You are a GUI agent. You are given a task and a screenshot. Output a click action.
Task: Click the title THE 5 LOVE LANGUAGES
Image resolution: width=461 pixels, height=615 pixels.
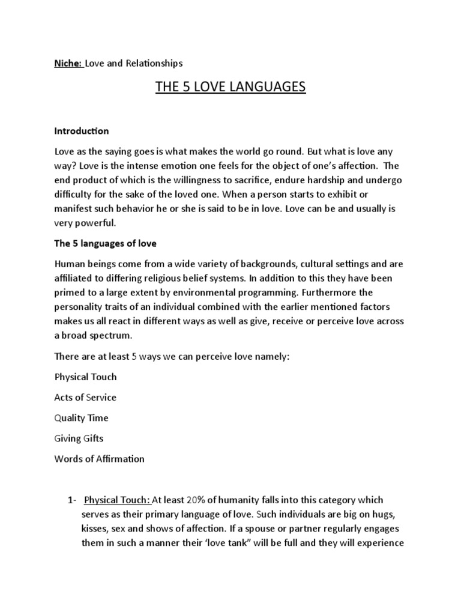tap(230, 88)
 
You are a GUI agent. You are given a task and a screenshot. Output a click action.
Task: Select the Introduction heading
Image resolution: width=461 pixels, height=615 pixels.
tap(82, 130)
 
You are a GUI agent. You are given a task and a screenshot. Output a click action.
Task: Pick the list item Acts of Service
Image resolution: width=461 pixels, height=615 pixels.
tap(85, 397)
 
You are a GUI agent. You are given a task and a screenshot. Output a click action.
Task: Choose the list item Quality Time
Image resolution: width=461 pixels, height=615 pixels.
tap(82, 417)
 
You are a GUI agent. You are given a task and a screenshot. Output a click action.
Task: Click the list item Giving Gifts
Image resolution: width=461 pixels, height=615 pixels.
tap(79, 438)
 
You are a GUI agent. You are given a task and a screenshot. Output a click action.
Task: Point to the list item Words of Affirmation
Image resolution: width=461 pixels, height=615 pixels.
tap(100, 458)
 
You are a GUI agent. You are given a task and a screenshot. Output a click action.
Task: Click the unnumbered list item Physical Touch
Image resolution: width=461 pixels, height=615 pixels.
tap(86, 377)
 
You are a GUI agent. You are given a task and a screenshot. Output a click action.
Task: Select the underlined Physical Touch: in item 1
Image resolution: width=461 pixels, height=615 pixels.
tap(118, 500)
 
